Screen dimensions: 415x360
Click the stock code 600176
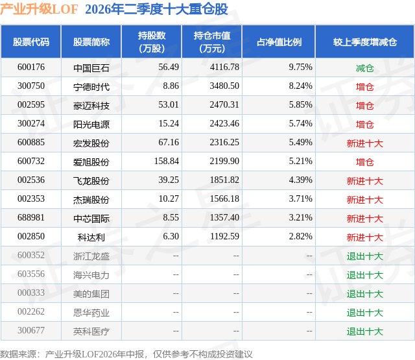[31, 67]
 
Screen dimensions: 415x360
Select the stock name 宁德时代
[91, 87]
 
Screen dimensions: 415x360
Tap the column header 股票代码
[31, 42]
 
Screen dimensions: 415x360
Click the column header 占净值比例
[279, 42]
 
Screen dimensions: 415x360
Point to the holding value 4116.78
[224, 67]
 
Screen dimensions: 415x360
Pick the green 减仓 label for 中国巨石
[364, 68]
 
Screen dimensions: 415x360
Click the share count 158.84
[167, 162]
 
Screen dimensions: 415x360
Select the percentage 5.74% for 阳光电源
[300, 124]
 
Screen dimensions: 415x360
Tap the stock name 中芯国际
[91, 219]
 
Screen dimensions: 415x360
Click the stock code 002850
[31, 236]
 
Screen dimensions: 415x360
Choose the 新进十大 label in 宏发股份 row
[364, 143]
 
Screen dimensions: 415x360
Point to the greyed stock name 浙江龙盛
[91, 256]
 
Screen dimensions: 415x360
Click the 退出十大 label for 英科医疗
[364, 331]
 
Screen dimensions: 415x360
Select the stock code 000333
[31, 293]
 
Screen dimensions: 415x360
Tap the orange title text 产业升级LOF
[39, 9]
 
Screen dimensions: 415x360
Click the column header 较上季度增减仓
[364, 42]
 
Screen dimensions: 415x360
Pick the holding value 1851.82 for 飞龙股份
[224, 180]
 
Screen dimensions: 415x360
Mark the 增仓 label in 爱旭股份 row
[364, 162]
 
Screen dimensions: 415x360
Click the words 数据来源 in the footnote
[18, 354]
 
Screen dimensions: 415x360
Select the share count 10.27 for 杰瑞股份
[169, 198]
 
